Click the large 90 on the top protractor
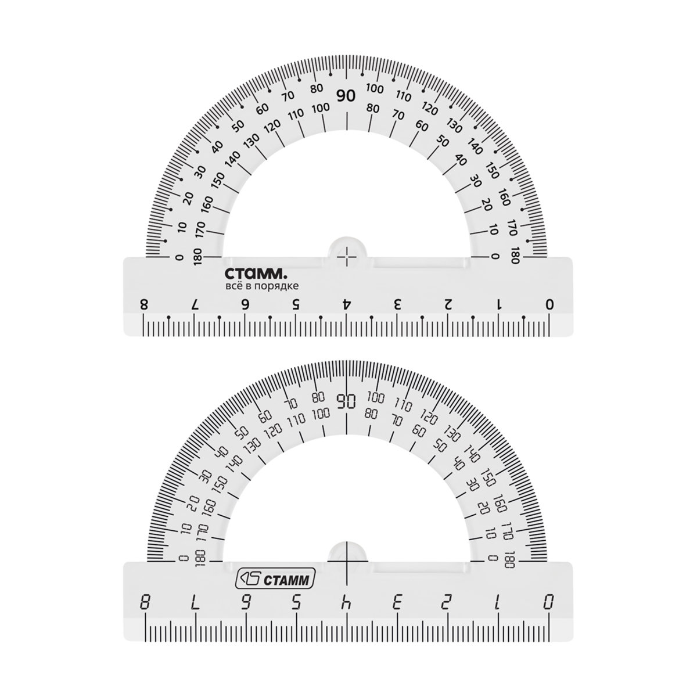[x=346, y=96]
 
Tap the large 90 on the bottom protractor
[x=347, y=400]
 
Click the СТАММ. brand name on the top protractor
[x=256, y=274]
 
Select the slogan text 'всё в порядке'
[x=262, y=286]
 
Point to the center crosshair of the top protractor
[x=347, y=257]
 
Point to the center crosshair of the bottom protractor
[x=347, y=572]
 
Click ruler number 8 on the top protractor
[x=144, y=304]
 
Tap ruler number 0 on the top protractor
[x=549, y=304]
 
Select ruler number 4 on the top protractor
[x=347, y=304]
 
